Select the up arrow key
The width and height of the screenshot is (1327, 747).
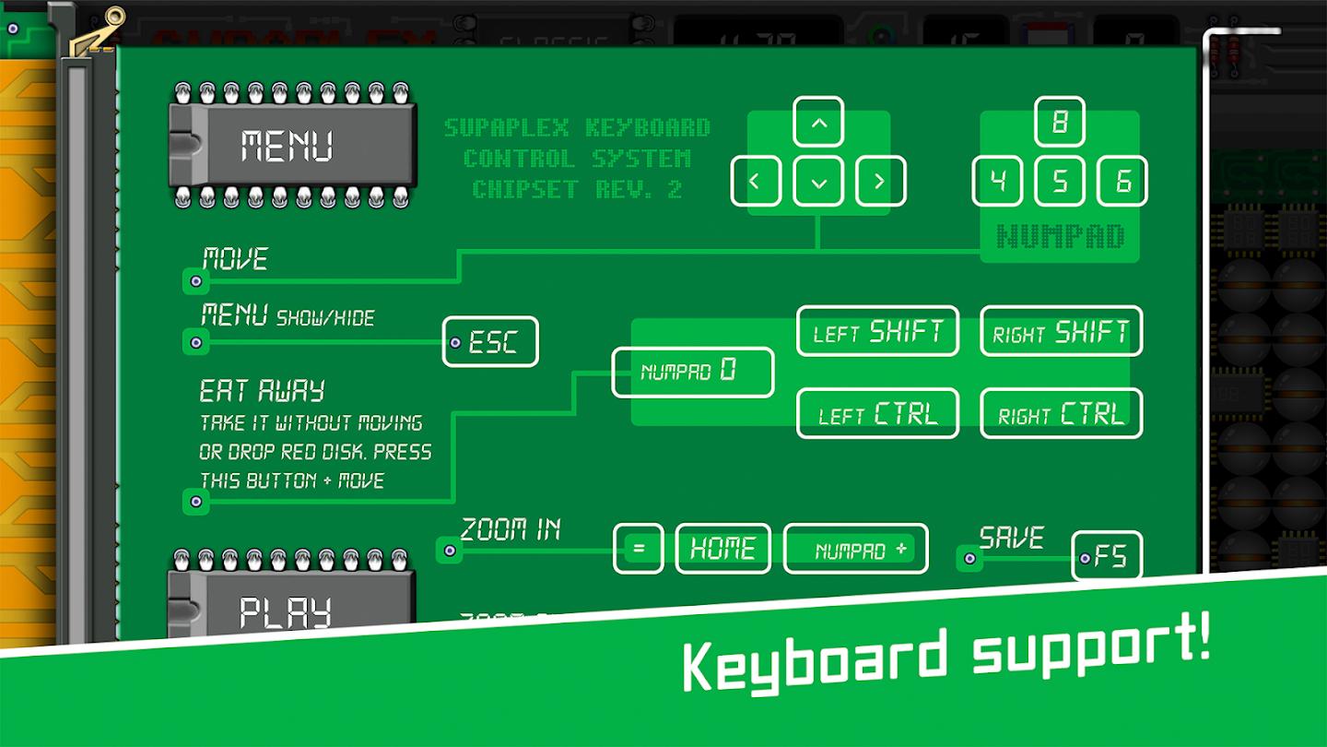(818, 122)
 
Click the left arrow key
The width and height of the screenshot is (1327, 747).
(756, 181)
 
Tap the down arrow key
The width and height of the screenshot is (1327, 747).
(818, 181)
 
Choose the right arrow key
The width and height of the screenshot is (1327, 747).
(880, 181)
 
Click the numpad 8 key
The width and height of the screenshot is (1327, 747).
(1060, 122)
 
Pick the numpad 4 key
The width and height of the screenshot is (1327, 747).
(997, 181)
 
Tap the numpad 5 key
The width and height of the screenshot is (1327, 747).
(1060, 181)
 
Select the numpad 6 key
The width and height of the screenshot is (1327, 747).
(1122, 181)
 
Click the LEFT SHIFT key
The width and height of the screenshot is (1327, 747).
(877, 331)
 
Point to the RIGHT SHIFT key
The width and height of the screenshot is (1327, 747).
(1061, 331)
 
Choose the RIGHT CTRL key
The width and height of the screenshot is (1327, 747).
(1061, 413)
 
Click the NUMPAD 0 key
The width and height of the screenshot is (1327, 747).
(693, 372)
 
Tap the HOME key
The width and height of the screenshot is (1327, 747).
(723, 549)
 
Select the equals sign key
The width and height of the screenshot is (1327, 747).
(639, 549)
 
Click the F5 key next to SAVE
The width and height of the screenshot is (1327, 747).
(1108, 556)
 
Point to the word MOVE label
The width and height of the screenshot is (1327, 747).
(235, 259)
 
